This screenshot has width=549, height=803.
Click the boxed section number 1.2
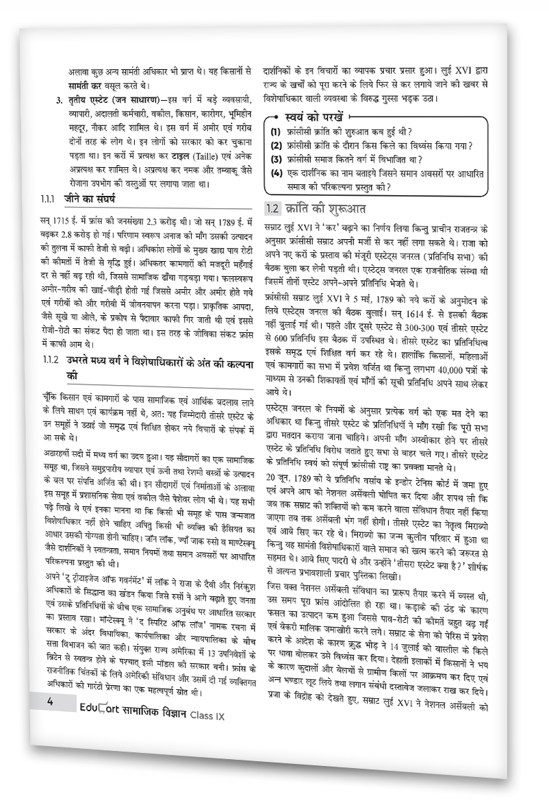(273, 208)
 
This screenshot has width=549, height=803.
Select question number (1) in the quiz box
(275, 131)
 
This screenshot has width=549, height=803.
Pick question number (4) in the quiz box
(275, 173)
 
